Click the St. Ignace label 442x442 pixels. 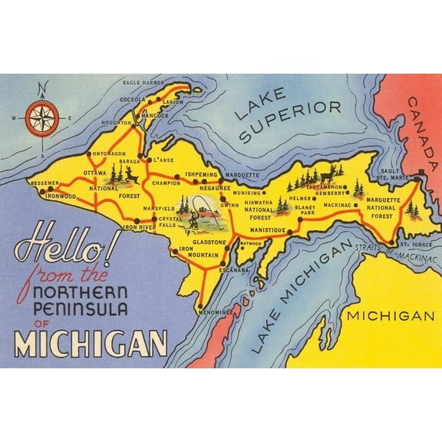pyautogui.click(x=417, y=246)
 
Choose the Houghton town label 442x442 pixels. pyautogui.click(x=116, y=123)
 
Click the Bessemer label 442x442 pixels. pyautogui.click(x=43, y=183)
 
